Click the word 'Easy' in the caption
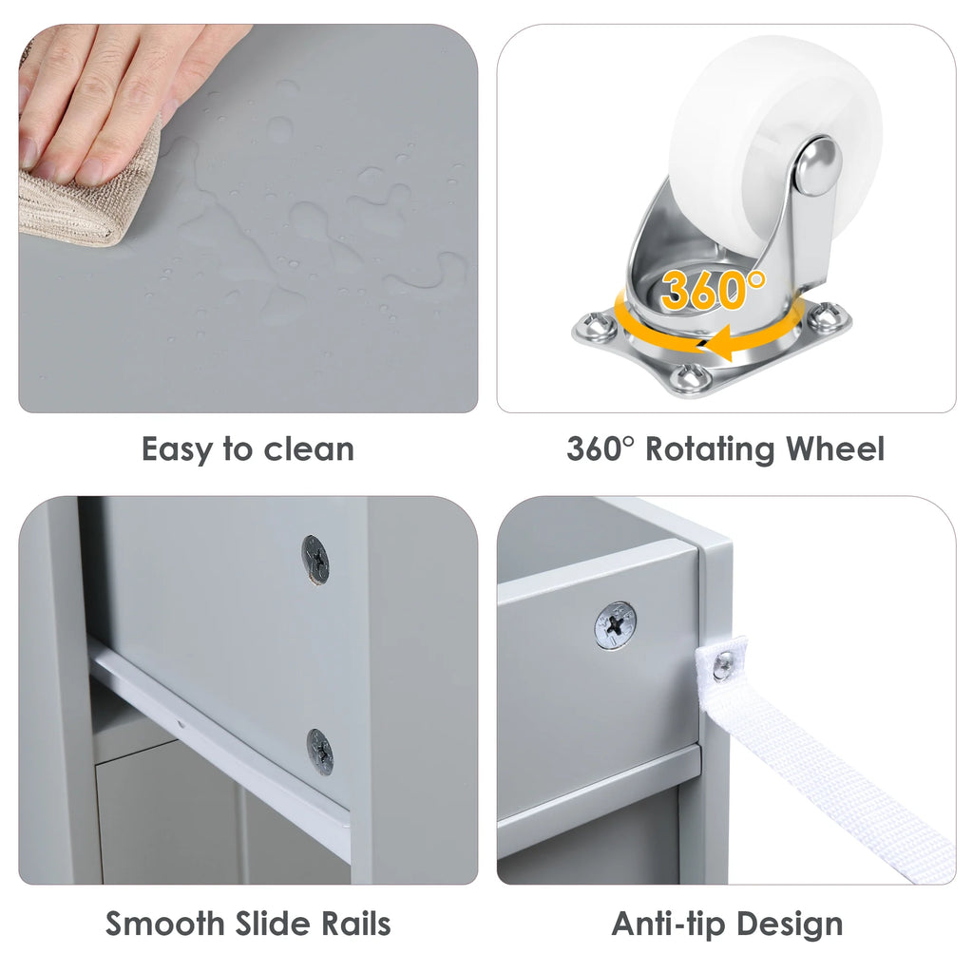pos(177,449)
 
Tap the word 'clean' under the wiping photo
pos(309,448)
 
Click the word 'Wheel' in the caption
pos(835,448)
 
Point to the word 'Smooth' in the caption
pos(164,924)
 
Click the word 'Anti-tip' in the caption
pos(668,924)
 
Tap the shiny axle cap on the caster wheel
pos(818,165)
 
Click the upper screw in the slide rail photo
pos(315,560)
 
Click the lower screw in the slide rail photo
pos(320,752)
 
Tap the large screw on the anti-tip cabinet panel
pos(615,626)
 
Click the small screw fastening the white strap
pos(723,666)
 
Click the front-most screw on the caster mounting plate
pos(690,377)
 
